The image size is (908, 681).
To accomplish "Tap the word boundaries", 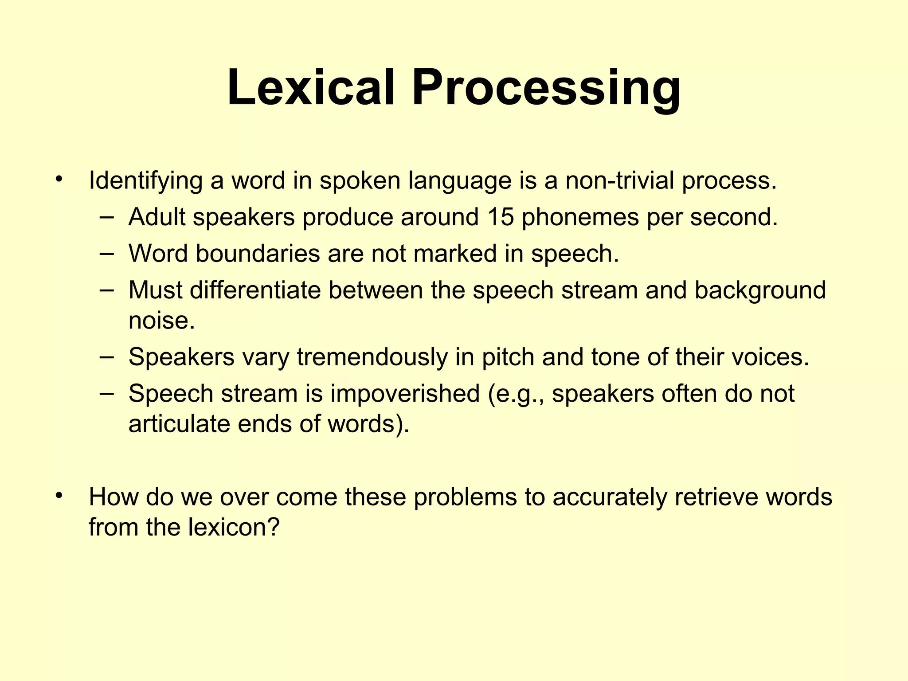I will pyautogui.click(x=258, y=254).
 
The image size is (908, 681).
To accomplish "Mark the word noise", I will pyautogui.click(x=161, y=320).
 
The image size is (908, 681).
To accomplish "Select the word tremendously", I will pyautogui.click(x=372, y=357).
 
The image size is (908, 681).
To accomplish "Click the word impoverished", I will pyautogui.click(x=405, y=394).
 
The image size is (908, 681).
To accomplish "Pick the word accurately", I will pyautogui.click(x=610, y=497).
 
